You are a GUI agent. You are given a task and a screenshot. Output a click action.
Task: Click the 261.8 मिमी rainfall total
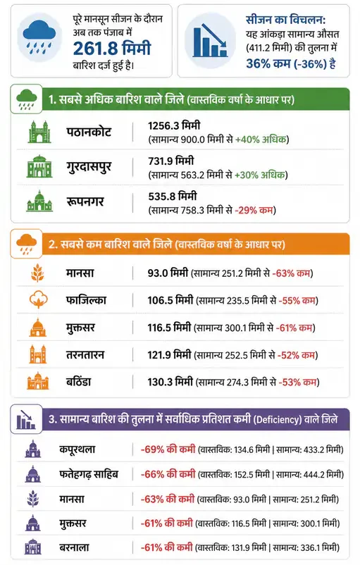point(112,49)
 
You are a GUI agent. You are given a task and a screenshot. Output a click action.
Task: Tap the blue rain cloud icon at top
point(39,37)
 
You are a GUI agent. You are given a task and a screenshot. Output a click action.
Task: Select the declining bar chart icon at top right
point(210,40)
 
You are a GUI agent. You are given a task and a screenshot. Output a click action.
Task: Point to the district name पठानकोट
point(89,132)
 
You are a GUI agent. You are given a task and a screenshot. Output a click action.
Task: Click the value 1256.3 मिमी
point(174,126)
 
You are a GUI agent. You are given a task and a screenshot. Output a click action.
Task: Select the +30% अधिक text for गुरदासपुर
point(259,175)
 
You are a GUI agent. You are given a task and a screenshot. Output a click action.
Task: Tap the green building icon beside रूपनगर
point(39,201)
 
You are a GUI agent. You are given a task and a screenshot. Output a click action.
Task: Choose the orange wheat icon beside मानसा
point(37,273)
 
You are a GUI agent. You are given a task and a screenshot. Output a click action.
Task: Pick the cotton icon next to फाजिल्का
point(39,299)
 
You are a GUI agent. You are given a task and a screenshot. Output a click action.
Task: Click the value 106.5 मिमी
point(170,300)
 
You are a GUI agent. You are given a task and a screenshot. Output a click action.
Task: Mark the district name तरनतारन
point(85,355)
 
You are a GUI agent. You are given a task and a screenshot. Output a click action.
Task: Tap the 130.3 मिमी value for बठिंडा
point(170,382)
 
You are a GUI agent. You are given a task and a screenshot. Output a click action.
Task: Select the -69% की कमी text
point(168,449)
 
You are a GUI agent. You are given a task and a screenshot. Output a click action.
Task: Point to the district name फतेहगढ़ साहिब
point(89,474)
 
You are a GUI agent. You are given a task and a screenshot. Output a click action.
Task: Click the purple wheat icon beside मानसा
point(33,499)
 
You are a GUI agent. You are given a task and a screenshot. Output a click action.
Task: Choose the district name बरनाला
point(74,547)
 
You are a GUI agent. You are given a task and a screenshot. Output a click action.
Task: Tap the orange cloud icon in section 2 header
point(26,244)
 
